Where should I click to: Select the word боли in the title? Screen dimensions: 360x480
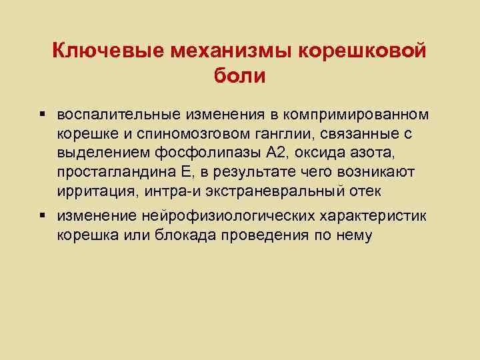(239, 76)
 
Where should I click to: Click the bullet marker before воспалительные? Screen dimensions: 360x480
(43, 115)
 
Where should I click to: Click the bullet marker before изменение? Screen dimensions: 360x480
(43, 217)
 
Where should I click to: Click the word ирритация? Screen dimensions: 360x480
(91, 192)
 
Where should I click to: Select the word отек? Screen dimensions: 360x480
(363, 192)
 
